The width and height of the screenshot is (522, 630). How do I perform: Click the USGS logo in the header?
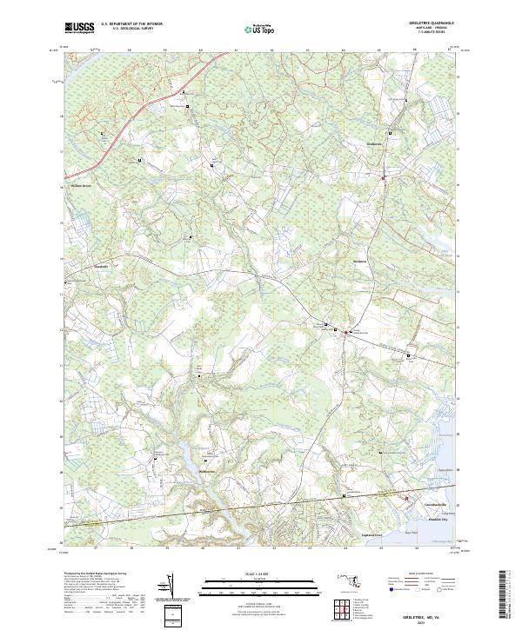point(79,28)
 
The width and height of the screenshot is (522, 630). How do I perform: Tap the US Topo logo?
point(262,30)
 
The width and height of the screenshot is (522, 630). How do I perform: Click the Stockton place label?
point(363,262)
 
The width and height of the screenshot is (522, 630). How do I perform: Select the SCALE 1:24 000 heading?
point(261,574)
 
